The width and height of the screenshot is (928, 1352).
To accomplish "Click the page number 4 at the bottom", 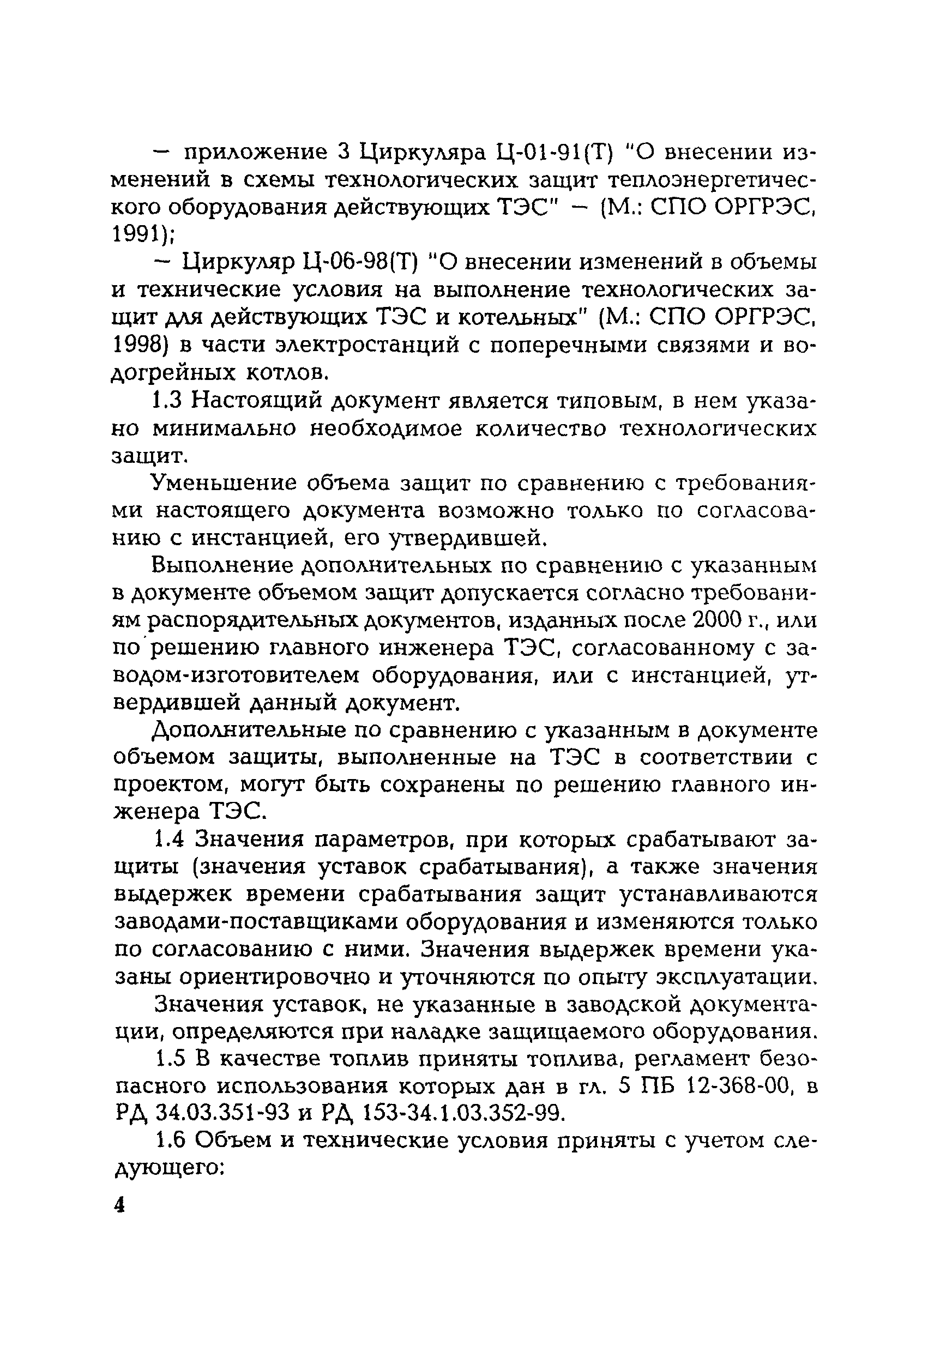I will coord(119,1205).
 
